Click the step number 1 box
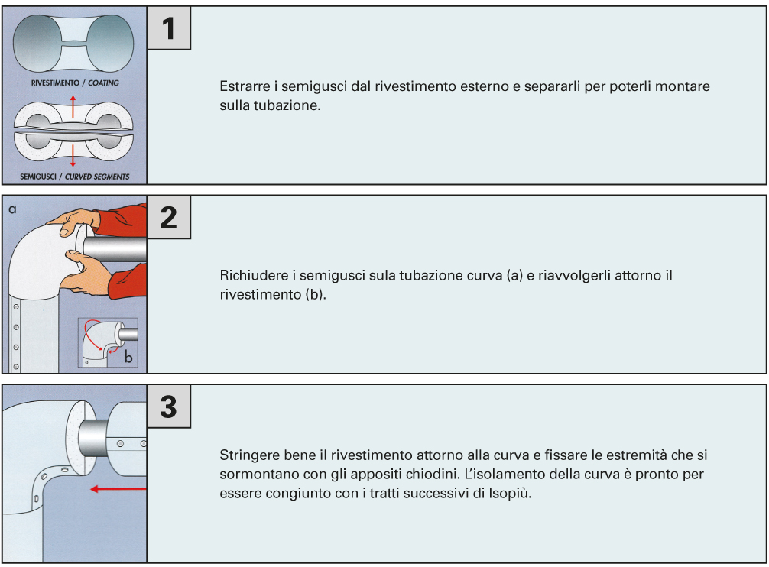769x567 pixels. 169,28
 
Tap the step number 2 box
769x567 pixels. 169,217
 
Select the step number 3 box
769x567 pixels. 169,407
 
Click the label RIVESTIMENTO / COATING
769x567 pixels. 75,83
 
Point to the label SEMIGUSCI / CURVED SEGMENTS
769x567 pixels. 75,177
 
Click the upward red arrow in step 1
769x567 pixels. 73,106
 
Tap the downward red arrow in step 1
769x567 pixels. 73,156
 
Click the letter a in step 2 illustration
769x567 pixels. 13,209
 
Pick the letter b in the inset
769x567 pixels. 128,358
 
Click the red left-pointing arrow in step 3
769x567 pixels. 118,488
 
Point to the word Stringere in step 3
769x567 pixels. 250,455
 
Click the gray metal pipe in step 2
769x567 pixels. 115,248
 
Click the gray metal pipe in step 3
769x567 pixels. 92,439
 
